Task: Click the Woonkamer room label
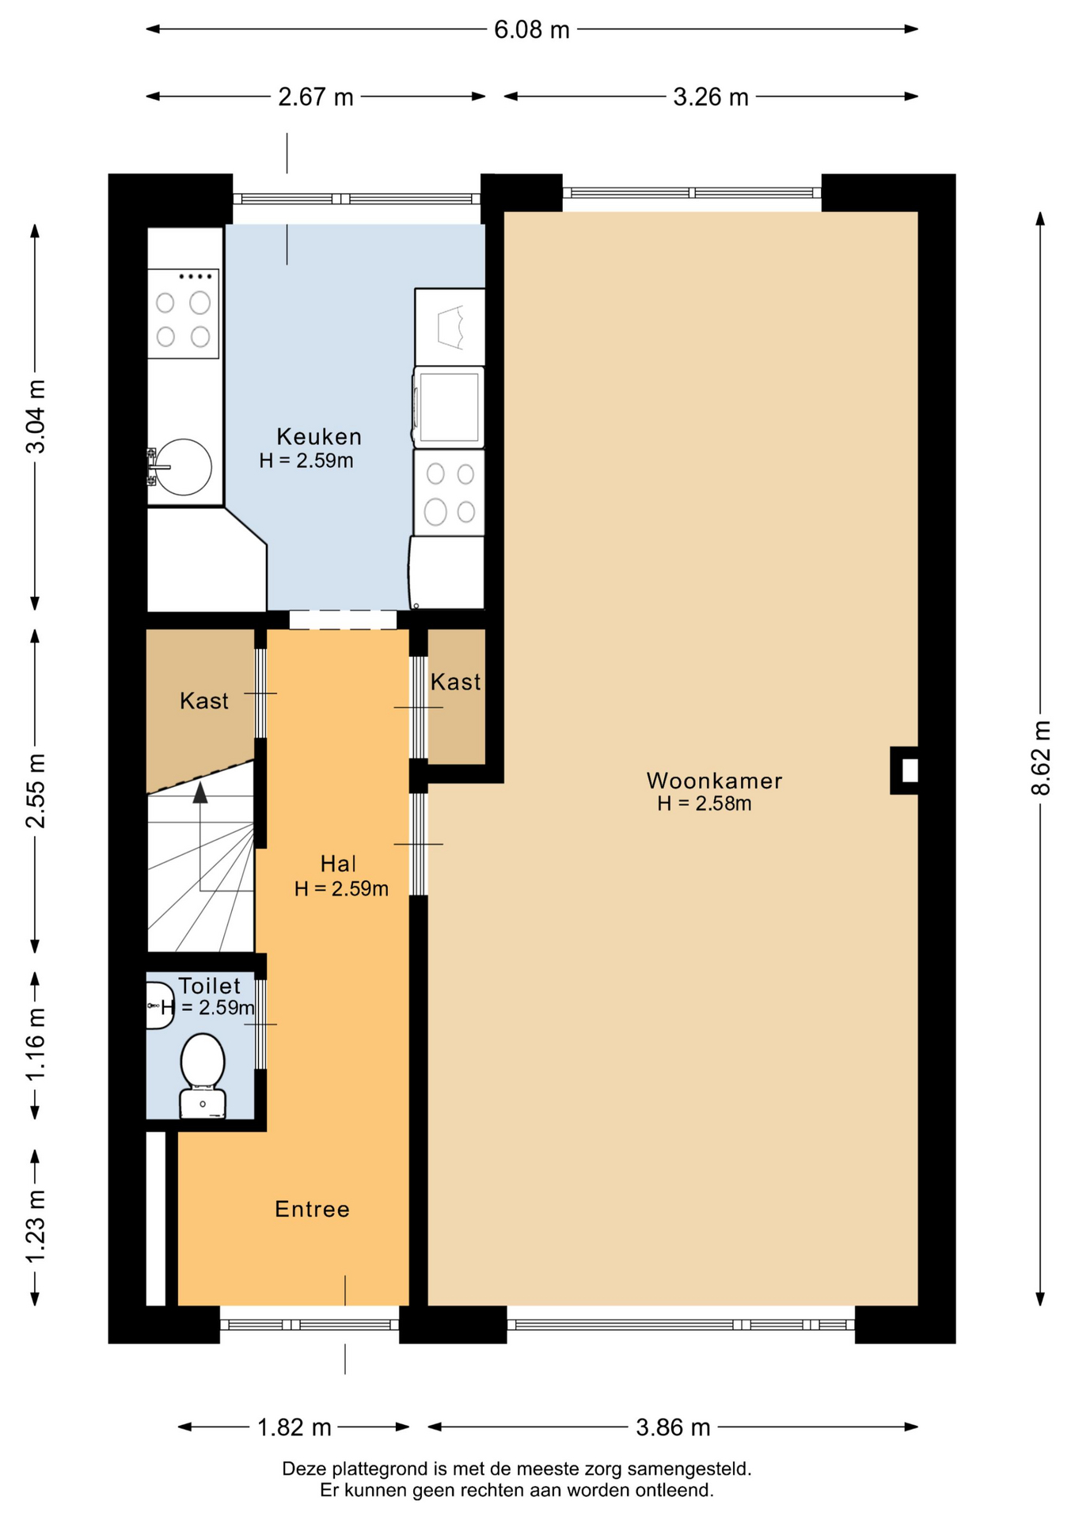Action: pyautogui.click(x=714, y=781)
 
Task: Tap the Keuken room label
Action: pyautogui.click(x=319, y=436)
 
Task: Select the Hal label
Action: pyautogui.click(x=338, y=863)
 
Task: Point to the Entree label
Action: pyautogui.click(x=312, y=1209)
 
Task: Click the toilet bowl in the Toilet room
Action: pyautogui.click(x=203, y=1075)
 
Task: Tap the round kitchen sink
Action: pyautogui.click(x=183, y=467)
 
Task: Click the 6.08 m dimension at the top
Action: pyautogui.click(x=532, y=29)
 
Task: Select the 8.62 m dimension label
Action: pyautogui.click(x=1041, y=758)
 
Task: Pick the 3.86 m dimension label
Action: pyautogui.click(x=673, y=1427)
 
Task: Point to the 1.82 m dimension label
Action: pyautogui.click(x=294, y=1427)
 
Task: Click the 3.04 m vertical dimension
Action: pyautogui.click(x=36, y=416)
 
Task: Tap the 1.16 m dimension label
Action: pyautogui.click(x=36, y=1044)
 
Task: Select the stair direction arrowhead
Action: pyautogui.click(x=200, y=792)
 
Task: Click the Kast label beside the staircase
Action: pyautogui.click(x=204, y=701)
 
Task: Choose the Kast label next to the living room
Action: pyautogui.click(x=456, y=682)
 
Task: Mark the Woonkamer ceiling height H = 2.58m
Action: pyautogui.click(x=705, y=804)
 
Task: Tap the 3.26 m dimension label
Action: pyautogui.click(x=711, y=97)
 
